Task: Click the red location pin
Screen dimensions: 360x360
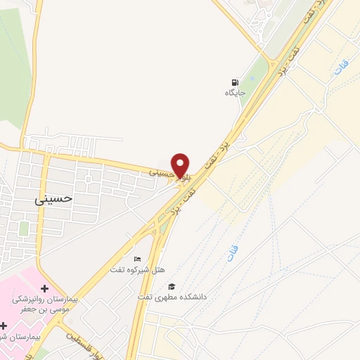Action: pos(181,165)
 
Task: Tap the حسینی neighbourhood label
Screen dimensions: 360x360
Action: pos(53,199)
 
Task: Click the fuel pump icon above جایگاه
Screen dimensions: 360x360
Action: pos(234,82)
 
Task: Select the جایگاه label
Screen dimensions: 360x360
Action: pos(234,93)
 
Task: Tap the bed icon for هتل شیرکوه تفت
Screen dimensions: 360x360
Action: pos(137,259)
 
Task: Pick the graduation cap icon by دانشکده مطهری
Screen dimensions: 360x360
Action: pos(171,286)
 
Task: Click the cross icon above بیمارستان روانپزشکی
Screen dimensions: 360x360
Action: pos(45,288)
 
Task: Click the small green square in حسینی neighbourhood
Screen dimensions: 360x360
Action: pos(24,229)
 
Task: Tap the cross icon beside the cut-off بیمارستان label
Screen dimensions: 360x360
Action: pos(5,325)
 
